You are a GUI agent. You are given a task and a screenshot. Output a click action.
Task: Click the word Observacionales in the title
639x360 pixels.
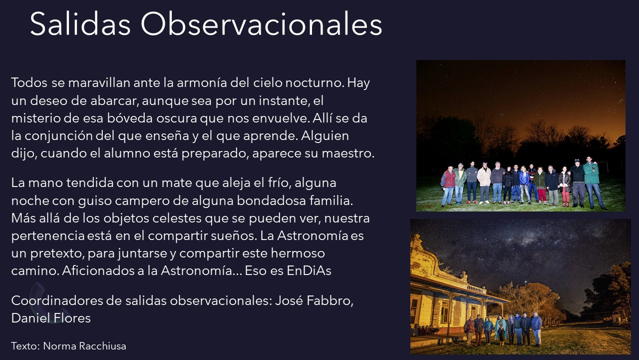pos(261,24)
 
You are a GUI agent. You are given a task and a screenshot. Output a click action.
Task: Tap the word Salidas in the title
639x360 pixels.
pos(80,24)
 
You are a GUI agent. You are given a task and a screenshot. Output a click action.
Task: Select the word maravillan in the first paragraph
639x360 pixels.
pos(99,82)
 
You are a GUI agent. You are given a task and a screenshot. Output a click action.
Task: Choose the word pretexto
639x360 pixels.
pos(57,253)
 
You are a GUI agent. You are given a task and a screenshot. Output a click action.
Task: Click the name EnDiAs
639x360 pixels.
pos(309,270)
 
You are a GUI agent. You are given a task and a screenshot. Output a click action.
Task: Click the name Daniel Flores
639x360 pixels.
pos(51,318)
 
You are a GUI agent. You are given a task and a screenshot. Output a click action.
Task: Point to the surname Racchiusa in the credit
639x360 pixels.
pos(102,346)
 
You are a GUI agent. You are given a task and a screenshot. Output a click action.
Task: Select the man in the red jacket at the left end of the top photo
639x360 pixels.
pos(448,185)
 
